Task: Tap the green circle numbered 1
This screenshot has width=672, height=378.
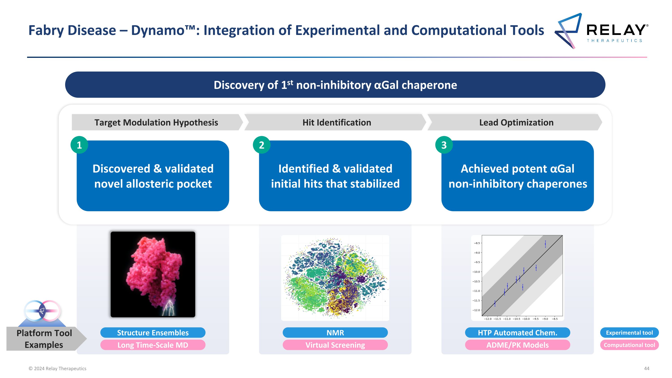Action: click(79, 145)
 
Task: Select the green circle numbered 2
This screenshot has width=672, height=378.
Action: click(261, 145)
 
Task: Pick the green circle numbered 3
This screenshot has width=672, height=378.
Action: click(444, 145)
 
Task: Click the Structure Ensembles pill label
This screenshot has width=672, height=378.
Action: click(153, 333)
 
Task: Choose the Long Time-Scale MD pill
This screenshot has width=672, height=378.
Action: click(153, 345)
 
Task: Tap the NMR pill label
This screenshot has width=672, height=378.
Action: click(335, 333)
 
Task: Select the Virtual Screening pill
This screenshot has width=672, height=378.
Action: click(335, 345)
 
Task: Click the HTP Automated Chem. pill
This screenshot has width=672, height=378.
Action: click(518, 333)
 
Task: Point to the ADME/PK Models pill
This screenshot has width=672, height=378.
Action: click(518, 345)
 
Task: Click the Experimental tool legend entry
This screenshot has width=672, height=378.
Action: click(629, 333)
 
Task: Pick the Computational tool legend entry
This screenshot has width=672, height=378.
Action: click(629, 345)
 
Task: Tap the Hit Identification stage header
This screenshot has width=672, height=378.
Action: click(336, 122)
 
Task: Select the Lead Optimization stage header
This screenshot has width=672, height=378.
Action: click(516, 122)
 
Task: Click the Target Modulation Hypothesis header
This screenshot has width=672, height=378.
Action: click(156, 122)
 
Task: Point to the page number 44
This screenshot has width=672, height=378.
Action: click(647, 368)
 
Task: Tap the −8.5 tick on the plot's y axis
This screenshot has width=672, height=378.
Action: click(477, 243)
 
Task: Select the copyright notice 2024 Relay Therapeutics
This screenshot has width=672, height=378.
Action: click(57, 368)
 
